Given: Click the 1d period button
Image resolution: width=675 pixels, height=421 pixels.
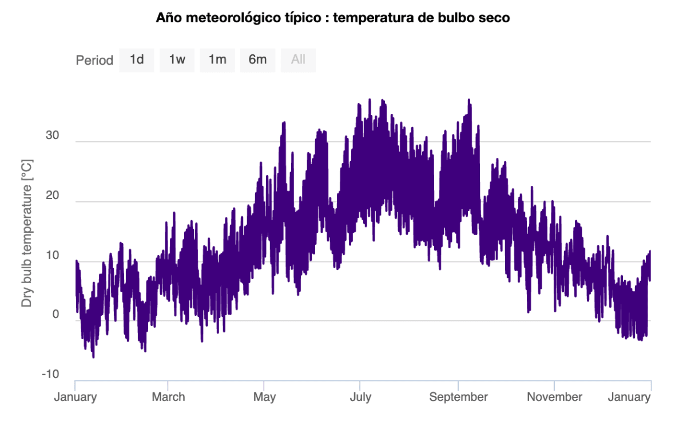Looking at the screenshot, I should [137, 59].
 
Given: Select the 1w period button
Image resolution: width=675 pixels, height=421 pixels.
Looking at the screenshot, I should [177, 59].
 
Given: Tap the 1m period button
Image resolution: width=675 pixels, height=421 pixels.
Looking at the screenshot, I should [217, 59].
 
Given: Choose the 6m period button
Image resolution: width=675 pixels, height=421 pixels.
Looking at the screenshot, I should [257, 59].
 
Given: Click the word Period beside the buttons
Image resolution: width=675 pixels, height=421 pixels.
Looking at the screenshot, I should [94, 60].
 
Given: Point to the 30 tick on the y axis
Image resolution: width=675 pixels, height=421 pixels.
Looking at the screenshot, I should [52, 136].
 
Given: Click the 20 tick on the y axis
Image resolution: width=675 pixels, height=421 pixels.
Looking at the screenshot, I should [52, 196].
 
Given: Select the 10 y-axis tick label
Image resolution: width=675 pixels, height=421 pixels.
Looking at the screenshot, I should [52, 255].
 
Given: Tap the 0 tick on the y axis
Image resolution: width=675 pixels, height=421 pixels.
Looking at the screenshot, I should [55, 315].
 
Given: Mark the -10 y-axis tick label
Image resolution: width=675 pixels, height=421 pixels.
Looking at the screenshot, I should [50, 375].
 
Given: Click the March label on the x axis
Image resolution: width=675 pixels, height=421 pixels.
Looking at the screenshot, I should [168, 397].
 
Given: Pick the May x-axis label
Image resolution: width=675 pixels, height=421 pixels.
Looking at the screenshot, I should [264, 397].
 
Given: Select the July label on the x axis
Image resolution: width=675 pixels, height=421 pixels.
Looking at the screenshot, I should [360, 397].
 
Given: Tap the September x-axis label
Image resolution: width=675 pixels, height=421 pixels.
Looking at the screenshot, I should [458, 397].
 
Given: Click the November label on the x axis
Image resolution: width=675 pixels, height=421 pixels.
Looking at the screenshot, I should [554, 397].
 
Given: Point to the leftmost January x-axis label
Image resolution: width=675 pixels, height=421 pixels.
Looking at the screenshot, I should [76, 397].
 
